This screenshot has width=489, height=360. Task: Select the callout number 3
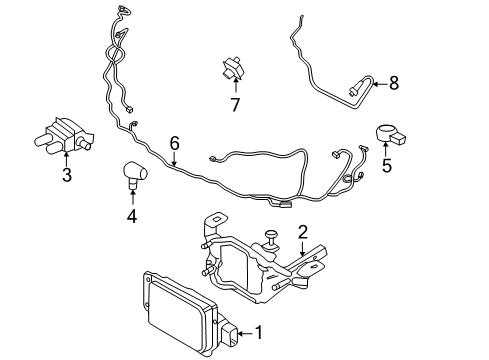pos(67,177)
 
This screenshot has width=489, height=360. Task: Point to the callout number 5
pos(386,166)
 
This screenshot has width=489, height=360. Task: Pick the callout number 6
pos(174,143)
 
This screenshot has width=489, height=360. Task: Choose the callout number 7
pos(235,105)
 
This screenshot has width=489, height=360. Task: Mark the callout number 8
pos(393,83)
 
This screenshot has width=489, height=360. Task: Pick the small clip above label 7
pos(232,70)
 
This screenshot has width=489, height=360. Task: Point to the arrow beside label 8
pos(378,84)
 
